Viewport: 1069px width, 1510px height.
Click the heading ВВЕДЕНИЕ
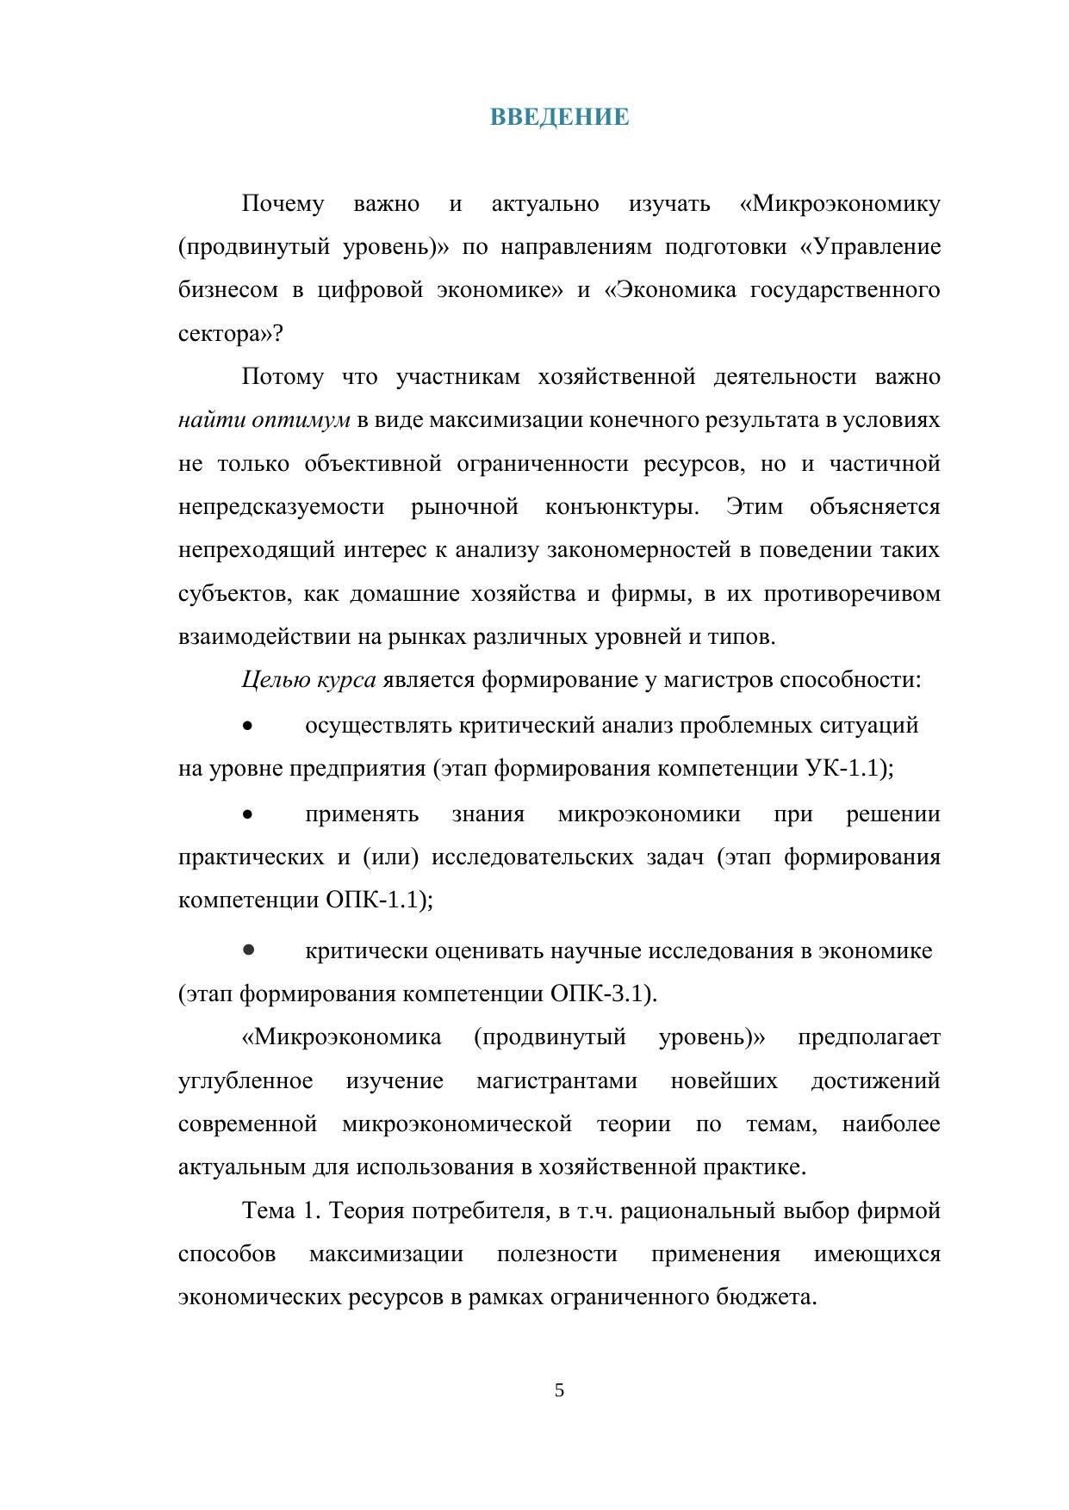559,117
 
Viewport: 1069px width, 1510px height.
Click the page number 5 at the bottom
559,1389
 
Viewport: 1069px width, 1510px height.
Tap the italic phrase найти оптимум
264,420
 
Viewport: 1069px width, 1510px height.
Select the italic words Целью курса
308,680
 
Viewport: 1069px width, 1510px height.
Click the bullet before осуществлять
248,726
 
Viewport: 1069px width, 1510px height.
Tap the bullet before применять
248,814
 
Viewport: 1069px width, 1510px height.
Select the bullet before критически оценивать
248,950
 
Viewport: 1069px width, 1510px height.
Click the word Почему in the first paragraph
283,204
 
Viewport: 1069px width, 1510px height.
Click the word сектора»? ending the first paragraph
230,334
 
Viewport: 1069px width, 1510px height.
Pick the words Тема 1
281,1210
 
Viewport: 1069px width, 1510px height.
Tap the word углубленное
245,1080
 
